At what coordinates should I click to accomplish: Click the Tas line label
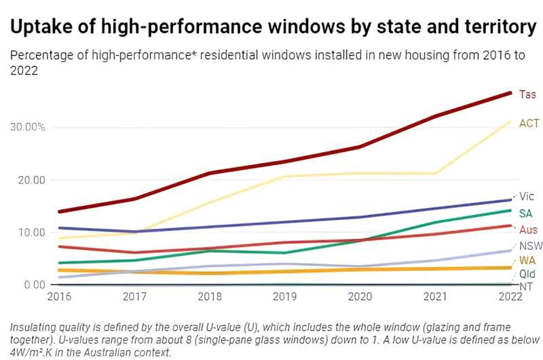(x=527, y=94)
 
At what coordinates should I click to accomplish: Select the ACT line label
(x=529, y=124)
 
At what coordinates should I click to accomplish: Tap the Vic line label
(x=527, y=197)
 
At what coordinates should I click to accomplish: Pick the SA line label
(x=525, y=213)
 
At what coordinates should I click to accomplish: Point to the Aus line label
(x=527, y=230)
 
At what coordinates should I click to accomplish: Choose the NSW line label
(x=529, y=246)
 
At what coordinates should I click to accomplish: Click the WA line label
(x=527, y=261)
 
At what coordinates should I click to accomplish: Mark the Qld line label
(x=527, y=274)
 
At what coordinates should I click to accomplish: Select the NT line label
(x=525, y=287)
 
